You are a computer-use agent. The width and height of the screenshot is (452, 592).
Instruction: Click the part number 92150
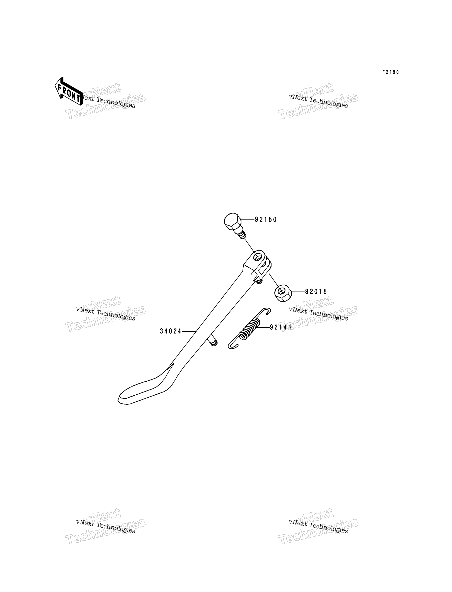pos(266,220)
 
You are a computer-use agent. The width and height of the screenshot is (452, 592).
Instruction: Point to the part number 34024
pos(171,331)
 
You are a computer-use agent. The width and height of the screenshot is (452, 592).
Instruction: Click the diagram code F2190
pos(391,72)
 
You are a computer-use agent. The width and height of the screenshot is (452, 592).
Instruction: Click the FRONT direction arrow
pos(69,91)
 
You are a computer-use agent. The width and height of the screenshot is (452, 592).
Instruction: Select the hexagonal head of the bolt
pos(232,222)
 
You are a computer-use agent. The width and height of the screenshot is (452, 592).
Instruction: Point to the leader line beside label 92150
pos(248,220)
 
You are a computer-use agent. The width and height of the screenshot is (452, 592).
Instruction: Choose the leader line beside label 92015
pos(298,292)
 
